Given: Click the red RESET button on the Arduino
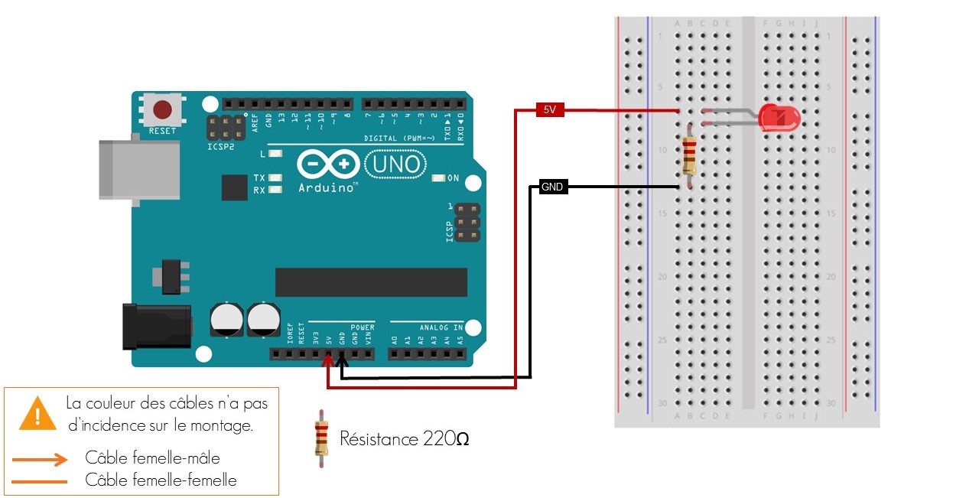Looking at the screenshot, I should [162, 109].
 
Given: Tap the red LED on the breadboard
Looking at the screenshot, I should [779, 118].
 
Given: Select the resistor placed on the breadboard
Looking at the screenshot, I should [689, 156].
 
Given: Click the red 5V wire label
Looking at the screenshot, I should [550, 110].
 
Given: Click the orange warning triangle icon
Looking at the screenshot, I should [37, 413].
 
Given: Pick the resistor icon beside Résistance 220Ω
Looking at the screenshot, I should [322, 438].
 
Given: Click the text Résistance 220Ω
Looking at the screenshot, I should [405, 439].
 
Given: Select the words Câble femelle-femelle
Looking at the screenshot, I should [161, 480].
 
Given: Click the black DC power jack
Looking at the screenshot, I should [157, 327].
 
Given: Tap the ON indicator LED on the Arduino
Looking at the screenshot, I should [438, 178].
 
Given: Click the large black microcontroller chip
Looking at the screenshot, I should [371, 282].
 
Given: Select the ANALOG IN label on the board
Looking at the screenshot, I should [441, 327].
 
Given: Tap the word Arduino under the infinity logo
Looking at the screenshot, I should [327, 187].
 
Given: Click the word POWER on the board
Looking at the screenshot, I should [363, 327].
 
